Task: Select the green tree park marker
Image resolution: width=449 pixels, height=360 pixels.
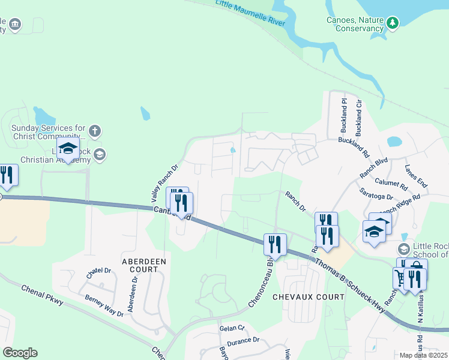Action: click(x=393, y=23)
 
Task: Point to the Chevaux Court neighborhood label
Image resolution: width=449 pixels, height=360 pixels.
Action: click(x=308, y=296)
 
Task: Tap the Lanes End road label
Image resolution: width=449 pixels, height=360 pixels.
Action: click(x=416, y=176)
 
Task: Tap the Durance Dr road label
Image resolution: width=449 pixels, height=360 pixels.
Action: click(x=247, y=340)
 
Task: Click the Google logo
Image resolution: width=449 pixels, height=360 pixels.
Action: click(x=20, y=353)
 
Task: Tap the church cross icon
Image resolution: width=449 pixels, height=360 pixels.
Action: click(x=94, y=130)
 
